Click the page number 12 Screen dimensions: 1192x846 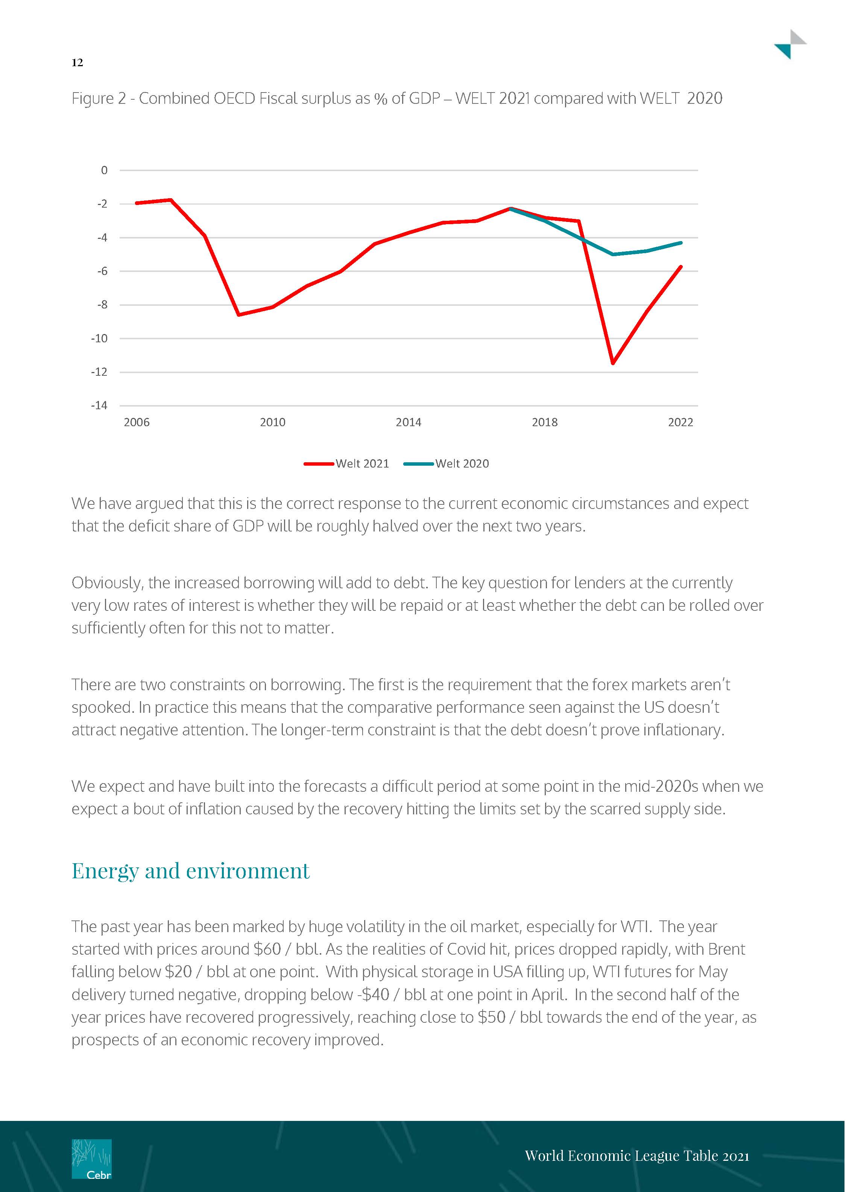77,62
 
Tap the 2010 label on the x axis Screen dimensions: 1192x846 272,422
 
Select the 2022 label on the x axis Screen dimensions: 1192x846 680,422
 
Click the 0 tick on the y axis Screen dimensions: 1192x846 104,170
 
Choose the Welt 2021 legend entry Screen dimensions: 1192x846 346,463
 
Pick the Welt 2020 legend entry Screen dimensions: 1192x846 447,463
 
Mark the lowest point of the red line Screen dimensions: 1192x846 613,363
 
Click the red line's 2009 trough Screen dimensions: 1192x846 238,314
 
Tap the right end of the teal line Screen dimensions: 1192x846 681,243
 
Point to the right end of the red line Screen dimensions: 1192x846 681,267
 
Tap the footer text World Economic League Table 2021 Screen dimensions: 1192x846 636,1156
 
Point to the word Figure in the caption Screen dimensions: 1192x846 93,99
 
